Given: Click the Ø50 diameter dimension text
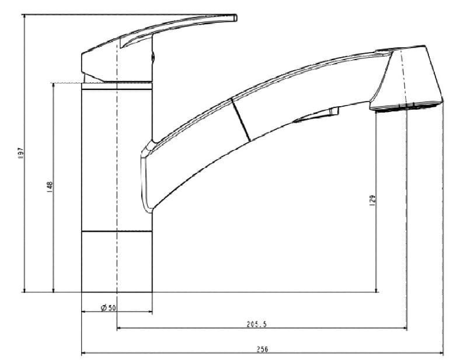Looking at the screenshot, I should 109,307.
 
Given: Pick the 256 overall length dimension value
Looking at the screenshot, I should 262,349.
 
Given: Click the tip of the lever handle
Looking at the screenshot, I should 235,18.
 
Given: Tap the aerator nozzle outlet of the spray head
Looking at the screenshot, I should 406,108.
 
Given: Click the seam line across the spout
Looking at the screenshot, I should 241,120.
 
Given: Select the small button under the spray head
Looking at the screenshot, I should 335,111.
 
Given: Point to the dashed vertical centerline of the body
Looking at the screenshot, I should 117,175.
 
